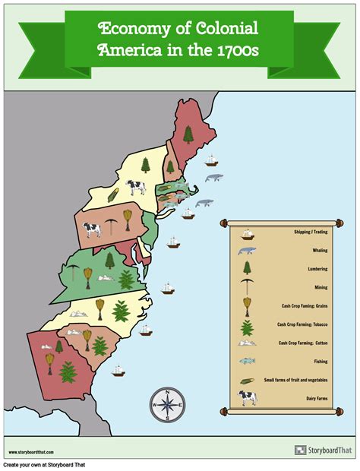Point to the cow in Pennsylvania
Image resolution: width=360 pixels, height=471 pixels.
point(92,228)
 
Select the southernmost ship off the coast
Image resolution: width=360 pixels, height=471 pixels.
point(118,371)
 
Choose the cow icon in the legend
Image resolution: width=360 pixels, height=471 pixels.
point(247,397)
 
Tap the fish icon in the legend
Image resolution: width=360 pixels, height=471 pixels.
point(247,360)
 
